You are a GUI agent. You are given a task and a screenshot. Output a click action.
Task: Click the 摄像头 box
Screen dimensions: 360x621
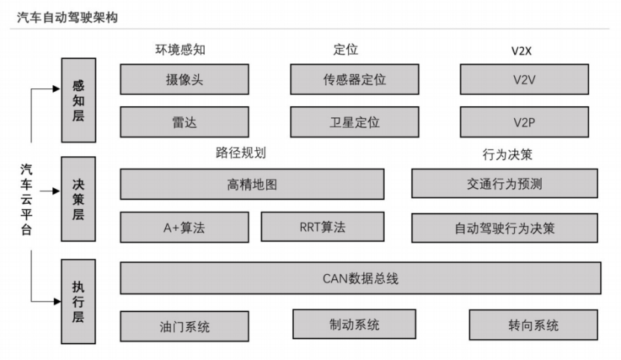184,79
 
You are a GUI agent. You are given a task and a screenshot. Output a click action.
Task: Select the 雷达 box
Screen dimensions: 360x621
184,122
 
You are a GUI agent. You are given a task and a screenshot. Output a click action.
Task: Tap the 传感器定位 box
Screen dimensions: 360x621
354,79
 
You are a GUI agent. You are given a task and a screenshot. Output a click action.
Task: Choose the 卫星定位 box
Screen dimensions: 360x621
354,122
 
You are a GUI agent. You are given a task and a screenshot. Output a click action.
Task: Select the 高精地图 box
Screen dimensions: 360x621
252,184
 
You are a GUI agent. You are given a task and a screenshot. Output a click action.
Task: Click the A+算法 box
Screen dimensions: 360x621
184,228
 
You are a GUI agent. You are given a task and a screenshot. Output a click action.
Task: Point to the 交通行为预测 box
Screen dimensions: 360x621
504,183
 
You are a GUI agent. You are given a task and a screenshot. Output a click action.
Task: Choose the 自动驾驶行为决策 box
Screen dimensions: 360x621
504,228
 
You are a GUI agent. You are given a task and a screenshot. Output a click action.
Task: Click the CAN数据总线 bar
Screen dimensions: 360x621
360,278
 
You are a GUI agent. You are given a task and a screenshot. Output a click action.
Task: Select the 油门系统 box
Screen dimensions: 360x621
184,326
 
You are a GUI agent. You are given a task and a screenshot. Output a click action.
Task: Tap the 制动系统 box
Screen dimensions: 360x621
354,324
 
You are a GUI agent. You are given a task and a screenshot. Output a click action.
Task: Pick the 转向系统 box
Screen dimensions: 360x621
533,325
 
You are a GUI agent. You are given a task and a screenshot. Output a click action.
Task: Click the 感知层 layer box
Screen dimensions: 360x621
78,100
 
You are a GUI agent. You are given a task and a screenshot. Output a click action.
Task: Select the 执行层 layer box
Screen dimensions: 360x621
78,301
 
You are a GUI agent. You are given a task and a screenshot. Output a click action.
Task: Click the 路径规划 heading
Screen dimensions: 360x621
241,153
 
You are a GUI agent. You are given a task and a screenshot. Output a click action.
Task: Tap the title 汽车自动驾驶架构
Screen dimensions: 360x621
67,16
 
